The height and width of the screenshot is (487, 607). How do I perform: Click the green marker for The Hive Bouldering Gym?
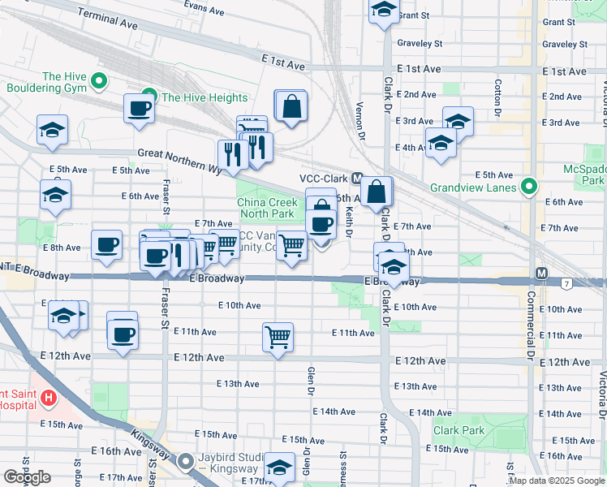tap(99, 81)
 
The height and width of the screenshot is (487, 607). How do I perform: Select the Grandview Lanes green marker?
tap(529, 187)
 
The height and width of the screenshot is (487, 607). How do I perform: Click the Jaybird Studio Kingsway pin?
tap(186, 462)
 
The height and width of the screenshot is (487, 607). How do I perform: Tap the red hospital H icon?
tap(49, 398)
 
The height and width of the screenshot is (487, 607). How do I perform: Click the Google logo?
tap(27, 477)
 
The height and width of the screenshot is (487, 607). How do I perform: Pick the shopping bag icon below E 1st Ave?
tap(291, 106)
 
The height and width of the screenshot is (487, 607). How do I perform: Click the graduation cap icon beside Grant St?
tap(383, 11)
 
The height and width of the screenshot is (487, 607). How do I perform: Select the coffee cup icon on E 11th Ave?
tap(123, 334)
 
